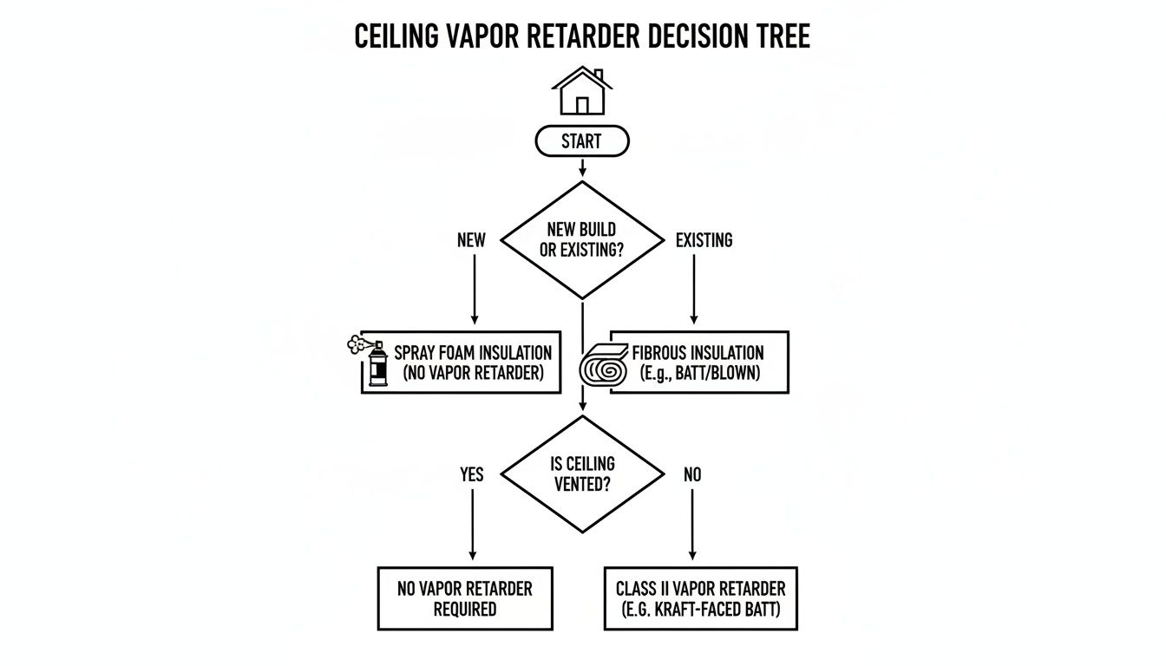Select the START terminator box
pyautogui.click(x=582, y=141)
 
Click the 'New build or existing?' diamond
pyautogui.click(x=582, y=240)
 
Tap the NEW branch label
pyautogui.click(x=471, y=240)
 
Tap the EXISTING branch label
pyautogui.click(x=704, y=240)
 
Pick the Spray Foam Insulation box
pyautogui.click(x=472, y=363)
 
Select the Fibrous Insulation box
pyautogui.click(x=698, y=363)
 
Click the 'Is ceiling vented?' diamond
pyautogui.click(x=582, y=473)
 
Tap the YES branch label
pyautogui.click(x=471, y=474)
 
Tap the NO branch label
pyautogui.click(x=692, y=474)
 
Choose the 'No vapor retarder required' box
pyautogui.click(x=465, y=598)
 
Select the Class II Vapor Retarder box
pyautogui.click(x=700, y=598)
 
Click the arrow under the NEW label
pyautogui.click(x=474, y=291)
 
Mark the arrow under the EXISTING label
pyautogui.click(x=692, y=291)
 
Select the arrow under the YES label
pyautogui.click(x=472, y=525)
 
